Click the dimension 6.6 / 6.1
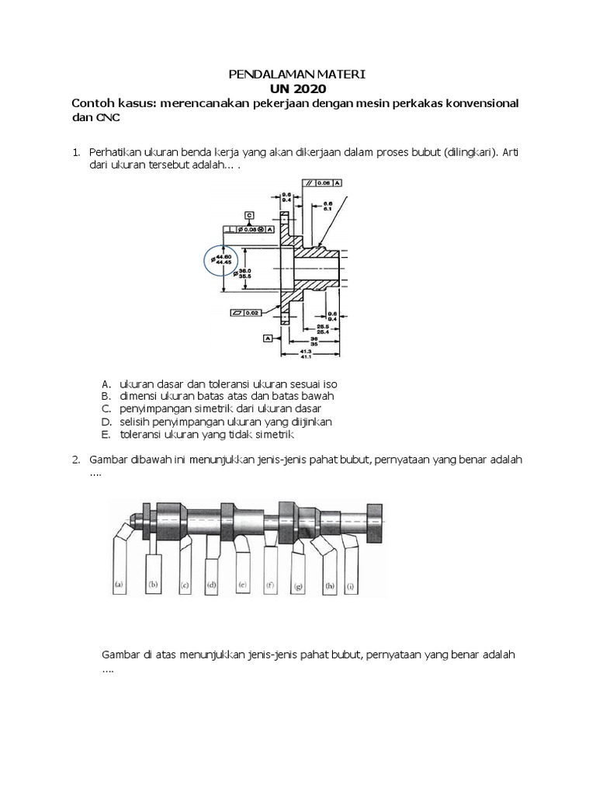(x=327, y=205)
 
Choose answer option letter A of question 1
(x=106, y=384)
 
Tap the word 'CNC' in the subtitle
(x=109, y=117)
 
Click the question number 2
(x=75, y=460)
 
